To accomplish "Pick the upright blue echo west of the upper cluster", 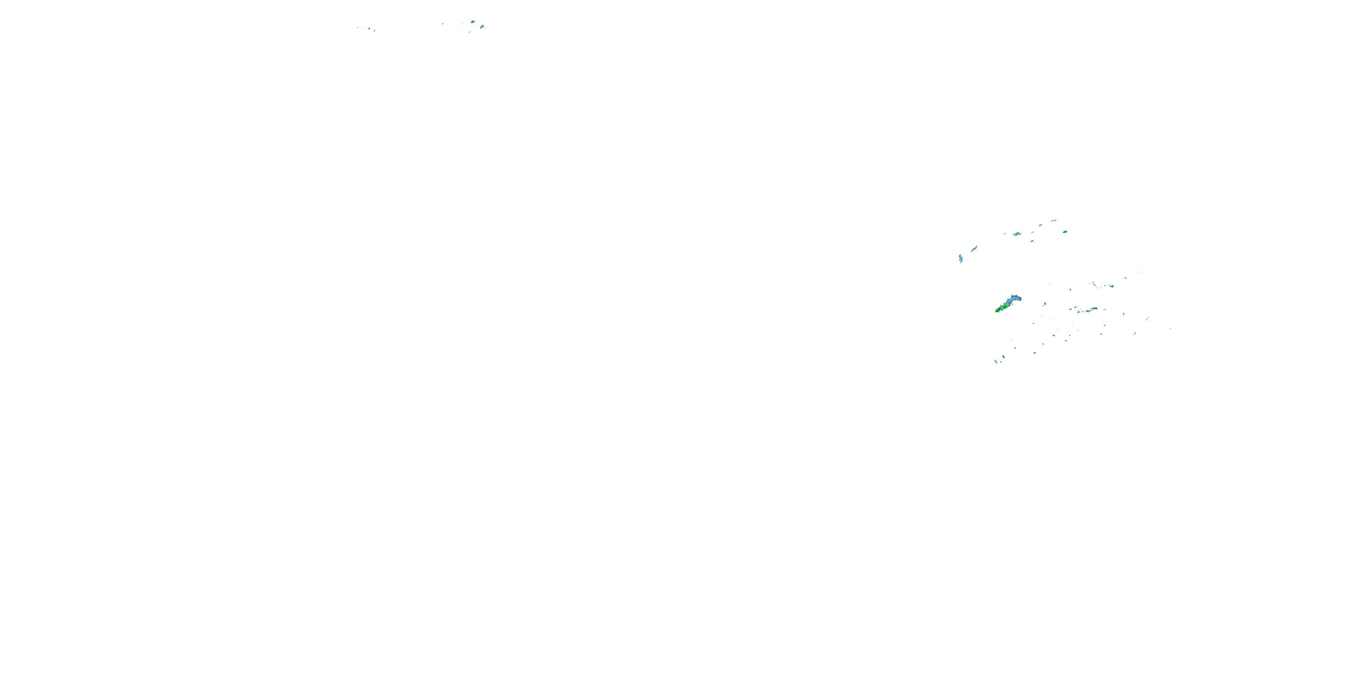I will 961,258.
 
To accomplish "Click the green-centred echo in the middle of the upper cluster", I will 1017,234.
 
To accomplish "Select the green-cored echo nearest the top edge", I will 472,22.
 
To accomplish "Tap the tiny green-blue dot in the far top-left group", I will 369,28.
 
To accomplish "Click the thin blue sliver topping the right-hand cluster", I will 1054,221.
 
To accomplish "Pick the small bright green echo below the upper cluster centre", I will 1032,241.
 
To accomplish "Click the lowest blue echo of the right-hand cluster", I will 996,362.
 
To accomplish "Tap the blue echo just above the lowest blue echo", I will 1003,357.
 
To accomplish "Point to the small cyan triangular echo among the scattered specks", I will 1055,336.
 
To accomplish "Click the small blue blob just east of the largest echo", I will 1045,304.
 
